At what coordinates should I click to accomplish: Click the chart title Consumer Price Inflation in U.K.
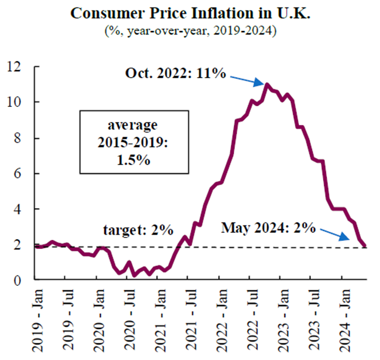click(190, 14)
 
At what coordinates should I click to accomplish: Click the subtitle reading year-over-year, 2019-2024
click(190, 30)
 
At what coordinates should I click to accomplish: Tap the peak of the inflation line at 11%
click(267, 85)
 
